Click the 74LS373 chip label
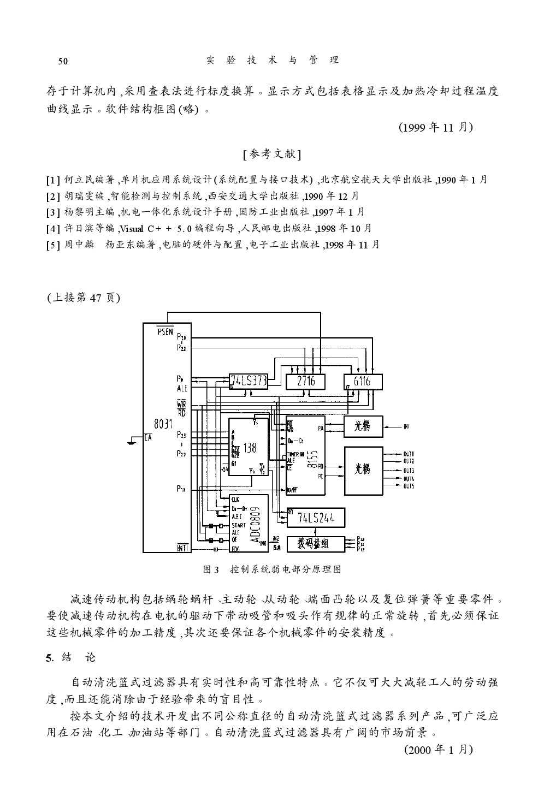pyautogui.click(x=249, y=381)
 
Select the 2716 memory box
pyautogui.click(x=306, y=381)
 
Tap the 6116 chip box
pyautogui.click(x=363, y=381)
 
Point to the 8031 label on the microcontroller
pyautogui.click(x=163, y=423)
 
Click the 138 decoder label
pyautogui.click(x=249, y=448)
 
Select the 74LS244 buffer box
pyautogui.click(x=316, y=518)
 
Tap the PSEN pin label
pyautogui.click(x=165, y=331)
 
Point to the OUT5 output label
pyautogui.click(x=409, y=486)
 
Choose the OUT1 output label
pyautogui.click(x=409, y=454)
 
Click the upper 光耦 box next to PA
pyautogui.click(x=363, y=426)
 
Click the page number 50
pyautogui.click(x=63, y=61)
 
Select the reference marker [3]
pyautogui.click(x=53, y=212)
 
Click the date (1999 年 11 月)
pyautogui.click(x=435, y=128)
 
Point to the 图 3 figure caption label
pyautogui.click(x=211, y=569)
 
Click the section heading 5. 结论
pyautogui.click(x=71, y=657)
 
